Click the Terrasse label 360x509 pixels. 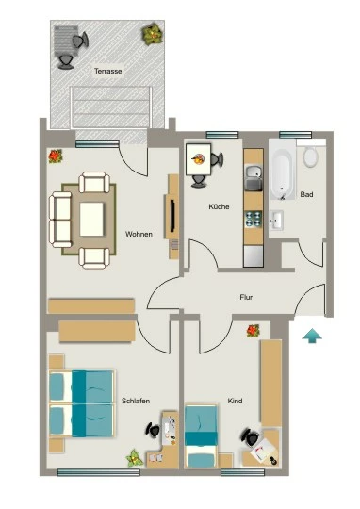[x=107, y=71]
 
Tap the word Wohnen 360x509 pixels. [x=139, y=234]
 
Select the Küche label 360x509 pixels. [x=219, y=206]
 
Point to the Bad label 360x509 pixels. [x=306, y=194]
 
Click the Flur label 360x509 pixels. [x=246, y=297]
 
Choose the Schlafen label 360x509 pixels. [x=136, y=401]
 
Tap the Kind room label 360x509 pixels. [x=235, y=401]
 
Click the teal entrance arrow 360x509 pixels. [x=312, y=336]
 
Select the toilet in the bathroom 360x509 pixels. [x=311, y=156]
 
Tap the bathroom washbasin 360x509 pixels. [x=276, y=220]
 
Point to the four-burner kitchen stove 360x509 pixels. [x=254, y=219]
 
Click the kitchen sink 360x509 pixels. [x=254, y=178]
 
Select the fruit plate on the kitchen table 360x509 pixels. [x=198, y=159]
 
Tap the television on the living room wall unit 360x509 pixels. [x=172, y=217]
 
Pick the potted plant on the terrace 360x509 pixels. [x=152, y=33]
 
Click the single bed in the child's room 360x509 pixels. [x=201, y=435]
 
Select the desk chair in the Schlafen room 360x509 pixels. [x=153, y=430]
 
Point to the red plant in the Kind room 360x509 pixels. [x=253, y=331]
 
